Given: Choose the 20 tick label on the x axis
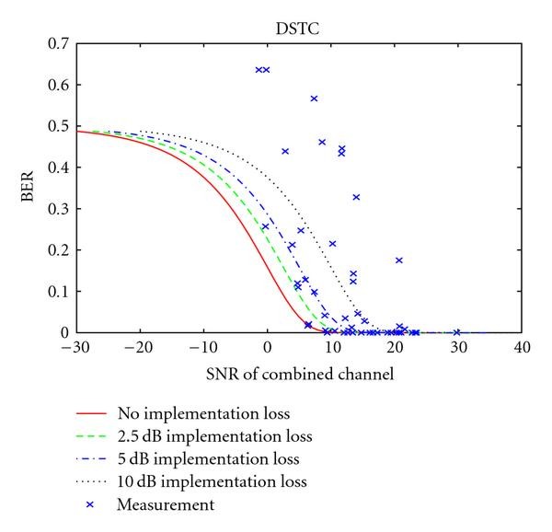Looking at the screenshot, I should pos(395,348).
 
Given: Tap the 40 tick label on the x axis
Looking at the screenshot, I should pos(522,348).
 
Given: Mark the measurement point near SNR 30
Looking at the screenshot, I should pos(457,332).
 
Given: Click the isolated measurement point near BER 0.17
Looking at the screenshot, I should pos(399,260).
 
